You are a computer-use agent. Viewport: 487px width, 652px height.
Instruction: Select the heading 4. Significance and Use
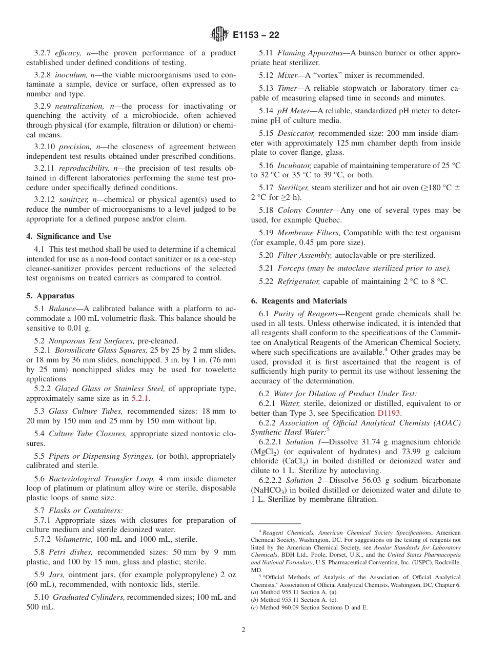[69, 236]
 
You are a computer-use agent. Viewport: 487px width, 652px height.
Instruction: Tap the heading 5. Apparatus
[50, 296]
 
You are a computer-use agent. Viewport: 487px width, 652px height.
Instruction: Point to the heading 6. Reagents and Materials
[299, 301]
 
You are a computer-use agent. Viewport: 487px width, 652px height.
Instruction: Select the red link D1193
[389, 413]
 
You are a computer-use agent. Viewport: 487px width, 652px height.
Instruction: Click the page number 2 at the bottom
[243, 630]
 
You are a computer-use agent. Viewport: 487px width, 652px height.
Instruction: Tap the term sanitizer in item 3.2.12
[73, 199]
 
